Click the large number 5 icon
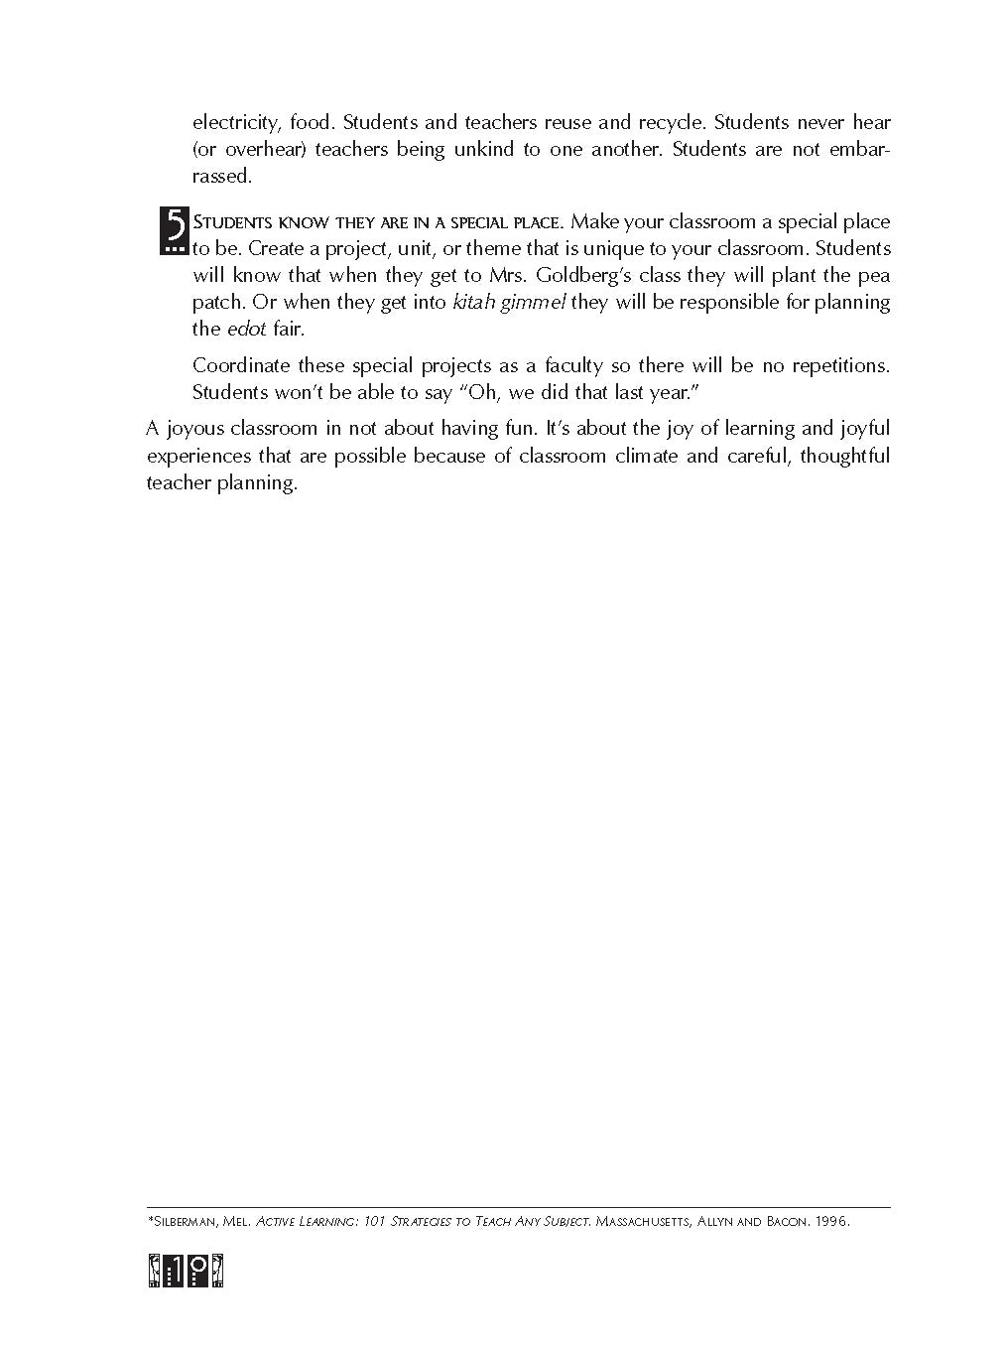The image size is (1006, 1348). click(173, 230)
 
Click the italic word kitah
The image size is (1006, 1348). click(473, 302)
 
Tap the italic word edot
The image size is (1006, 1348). click(247, 329)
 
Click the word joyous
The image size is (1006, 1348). click(194, 429)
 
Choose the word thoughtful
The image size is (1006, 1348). click(844, 456)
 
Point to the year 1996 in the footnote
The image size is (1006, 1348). click(830, 1222)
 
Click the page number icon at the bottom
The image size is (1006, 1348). click(186, 1272)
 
